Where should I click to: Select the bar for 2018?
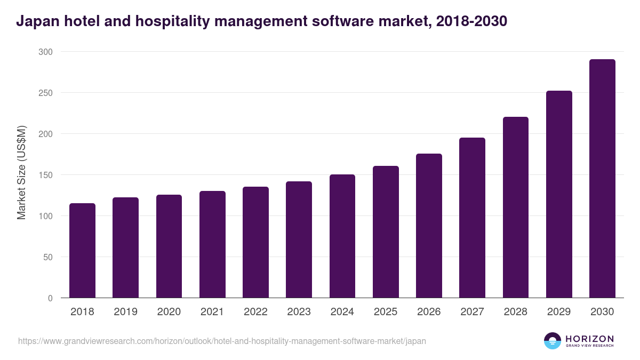pyautogui.click(x=82, y=251)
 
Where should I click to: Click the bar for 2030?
pyautogui.click(x=602, y=179)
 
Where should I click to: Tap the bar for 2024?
pyautogui.click(x=342, y=236)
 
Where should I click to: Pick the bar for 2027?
pyautogui.click(x=472, y=218)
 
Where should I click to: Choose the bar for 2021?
pyautogui.click(x=212, y=244)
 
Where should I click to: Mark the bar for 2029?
pyautogui.click(x=559, y=194)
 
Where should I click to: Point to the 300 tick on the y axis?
pyautogui.click(x=45, y=52)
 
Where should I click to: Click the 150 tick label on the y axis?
pyautogui.click(x=45, y=175)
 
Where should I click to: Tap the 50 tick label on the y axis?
pyautogui.click(x=47, y=257)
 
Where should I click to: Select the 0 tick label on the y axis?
pyautogui.click(x=50, y=298)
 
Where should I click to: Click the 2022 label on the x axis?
pyautogui.click(x=255, y=312)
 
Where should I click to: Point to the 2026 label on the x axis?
pyautogui.click(x=429, y=312)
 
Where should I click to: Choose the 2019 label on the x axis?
pyautogui.click(x=125, y=312)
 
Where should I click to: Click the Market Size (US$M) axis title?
pyautogui.click(x=21, y=173)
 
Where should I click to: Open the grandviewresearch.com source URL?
pyautogui.click(x=222, y=341)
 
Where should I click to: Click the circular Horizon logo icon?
pyautogui.click(x=553, y=341)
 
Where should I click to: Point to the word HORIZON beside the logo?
pyautogui.click(x=589, y=339)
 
